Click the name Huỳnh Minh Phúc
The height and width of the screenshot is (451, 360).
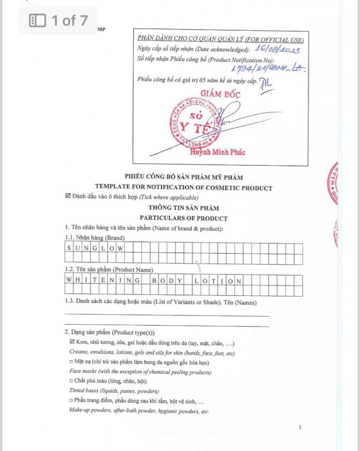click(218, 152)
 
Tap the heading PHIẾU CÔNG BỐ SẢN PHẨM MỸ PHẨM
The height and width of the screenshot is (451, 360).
click(184, 177)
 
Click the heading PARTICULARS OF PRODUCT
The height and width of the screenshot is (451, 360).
click(184, 218)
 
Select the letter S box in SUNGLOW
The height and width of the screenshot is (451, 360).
click(69, 248)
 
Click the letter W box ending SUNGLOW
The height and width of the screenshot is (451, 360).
click(119, 248)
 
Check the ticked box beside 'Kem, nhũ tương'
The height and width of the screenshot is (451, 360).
click(72, 342)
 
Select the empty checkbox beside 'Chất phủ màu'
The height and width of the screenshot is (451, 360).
click(71, 381)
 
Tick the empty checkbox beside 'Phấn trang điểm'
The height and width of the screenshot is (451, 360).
click(71, 401)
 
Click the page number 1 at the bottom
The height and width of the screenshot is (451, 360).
click(300, 427)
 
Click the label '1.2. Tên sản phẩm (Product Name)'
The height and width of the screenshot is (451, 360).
click(109, 269)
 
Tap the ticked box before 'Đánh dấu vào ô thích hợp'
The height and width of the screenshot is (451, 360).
click(67, 197)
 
